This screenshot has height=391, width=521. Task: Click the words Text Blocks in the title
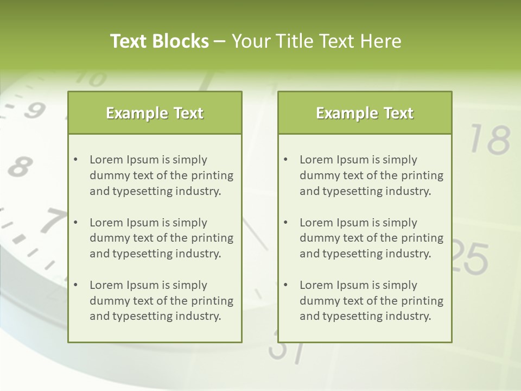[160, 41]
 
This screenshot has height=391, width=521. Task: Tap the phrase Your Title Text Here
[316, 41]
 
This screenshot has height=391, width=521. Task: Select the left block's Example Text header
[155, 113]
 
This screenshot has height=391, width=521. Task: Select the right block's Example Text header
[365, 113]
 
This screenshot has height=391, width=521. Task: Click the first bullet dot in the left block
[75, 160]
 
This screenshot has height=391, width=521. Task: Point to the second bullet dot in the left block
[75, 223]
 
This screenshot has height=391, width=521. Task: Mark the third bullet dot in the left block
[75, 285]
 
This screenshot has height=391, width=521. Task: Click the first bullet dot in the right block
[285, 160]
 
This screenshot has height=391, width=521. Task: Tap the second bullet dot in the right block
[285, 223]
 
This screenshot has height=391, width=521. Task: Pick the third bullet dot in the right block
[285, 285]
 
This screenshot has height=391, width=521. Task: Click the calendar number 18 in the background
[490, 140]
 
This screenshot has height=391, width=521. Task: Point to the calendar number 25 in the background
[470, 257]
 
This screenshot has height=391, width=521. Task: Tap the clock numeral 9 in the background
[34, 110]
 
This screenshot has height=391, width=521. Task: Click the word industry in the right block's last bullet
[409, 317]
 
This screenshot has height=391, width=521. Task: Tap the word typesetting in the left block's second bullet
[143, 254]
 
